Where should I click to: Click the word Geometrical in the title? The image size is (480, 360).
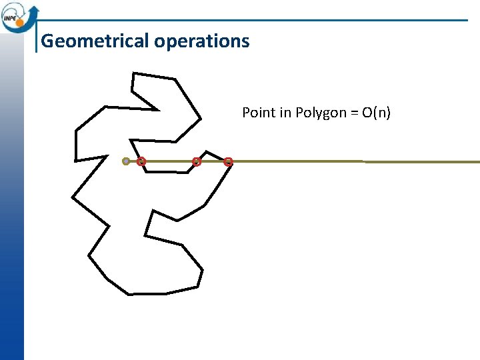(x=95, y=41)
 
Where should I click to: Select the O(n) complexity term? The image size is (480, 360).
(x=377, y=113)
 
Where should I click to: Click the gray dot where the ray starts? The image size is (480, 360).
(x=126, y=161)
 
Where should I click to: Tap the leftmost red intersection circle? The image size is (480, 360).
(x=141, y=161)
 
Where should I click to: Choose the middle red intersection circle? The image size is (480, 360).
(x=196, y=161)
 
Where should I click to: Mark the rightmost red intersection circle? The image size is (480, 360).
(x=228, y=161)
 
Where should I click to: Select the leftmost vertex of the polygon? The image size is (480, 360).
(x=72, y=197)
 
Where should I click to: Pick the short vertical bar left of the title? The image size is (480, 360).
(x=36, y=40)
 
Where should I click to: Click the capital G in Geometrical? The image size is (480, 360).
(x=47, y=41)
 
